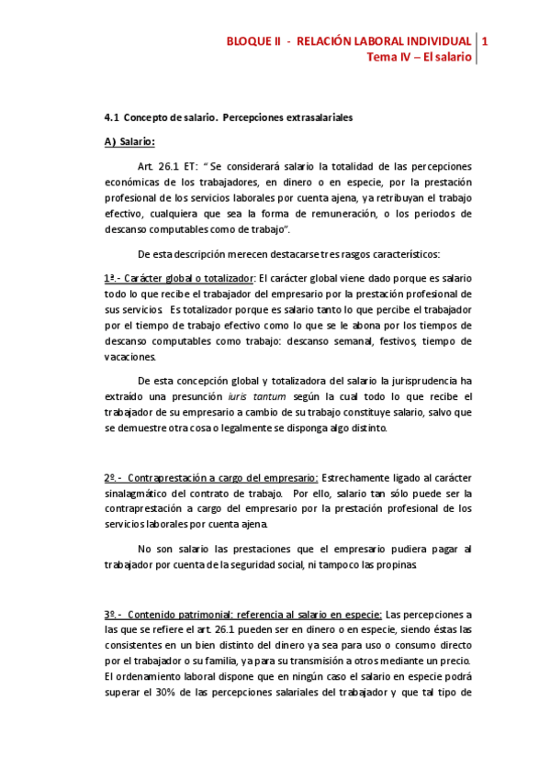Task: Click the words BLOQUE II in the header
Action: pos(253,40)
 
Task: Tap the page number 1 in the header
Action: pos(485,40)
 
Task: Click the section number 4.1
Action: pos(111,118)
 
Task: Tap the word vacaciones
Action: pos(129,357)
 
